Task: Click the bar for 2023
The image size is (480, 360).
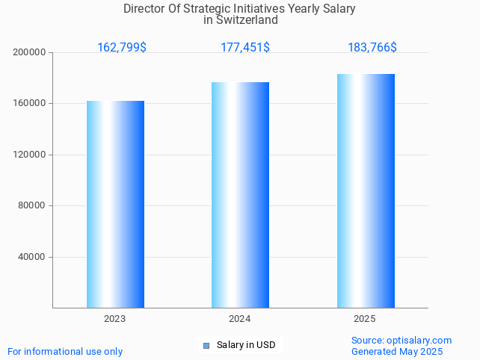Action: coord(115,204)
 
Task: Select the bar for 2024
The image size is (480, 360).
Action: coord(240,195)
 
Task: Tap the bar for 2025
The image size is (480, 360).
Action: coord(366,190)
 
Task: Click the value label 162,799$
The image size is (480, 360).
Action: coord(122,48)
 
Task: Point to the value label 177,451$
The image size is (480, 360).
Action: coord(245,48)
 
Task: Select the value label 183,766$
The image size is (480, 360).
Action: coord(372,48)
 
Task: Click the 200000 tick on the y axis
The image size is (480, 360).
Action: coord(30,52)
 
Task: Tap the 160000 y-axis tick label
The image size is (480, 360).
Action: coord(30,104)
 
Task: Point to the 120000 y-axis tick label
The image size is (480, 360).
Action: coord(30,155)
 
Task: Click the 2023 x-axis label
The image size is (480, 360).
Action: coord(115,319)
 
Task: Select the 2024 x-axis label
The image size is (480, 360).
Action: coord(240,319)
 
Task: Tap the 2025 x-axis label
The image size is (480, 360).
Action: coord(365,319)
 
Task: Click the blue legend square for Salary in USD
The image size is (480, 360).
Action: coord(206,345)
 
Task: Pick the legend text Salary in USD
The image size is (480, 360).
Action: coord(246,345)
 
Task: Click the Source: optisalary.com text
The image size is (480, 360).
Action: coord(401,341)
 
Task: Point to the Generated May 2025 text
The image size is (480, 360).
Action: coord(397,352)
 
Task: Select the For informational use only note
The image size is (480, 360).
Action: coord(65,352)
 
